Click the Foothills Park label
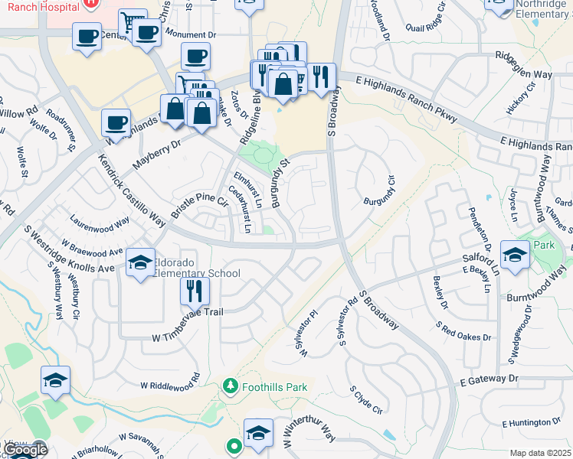coord(274,387)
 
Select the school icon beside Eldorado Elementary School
coord(140,265)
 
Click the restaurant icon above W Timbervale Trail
coord(195,291)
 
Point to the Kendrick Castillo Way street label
coord(132,188)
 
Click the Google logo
coord(25,450)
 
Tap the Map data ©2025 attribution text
coord(540,453)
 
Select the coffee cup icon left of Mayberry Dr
coord(116,122)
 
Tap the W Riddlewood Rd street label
coord(169,386)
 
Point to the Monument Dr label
coord(192,35)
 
